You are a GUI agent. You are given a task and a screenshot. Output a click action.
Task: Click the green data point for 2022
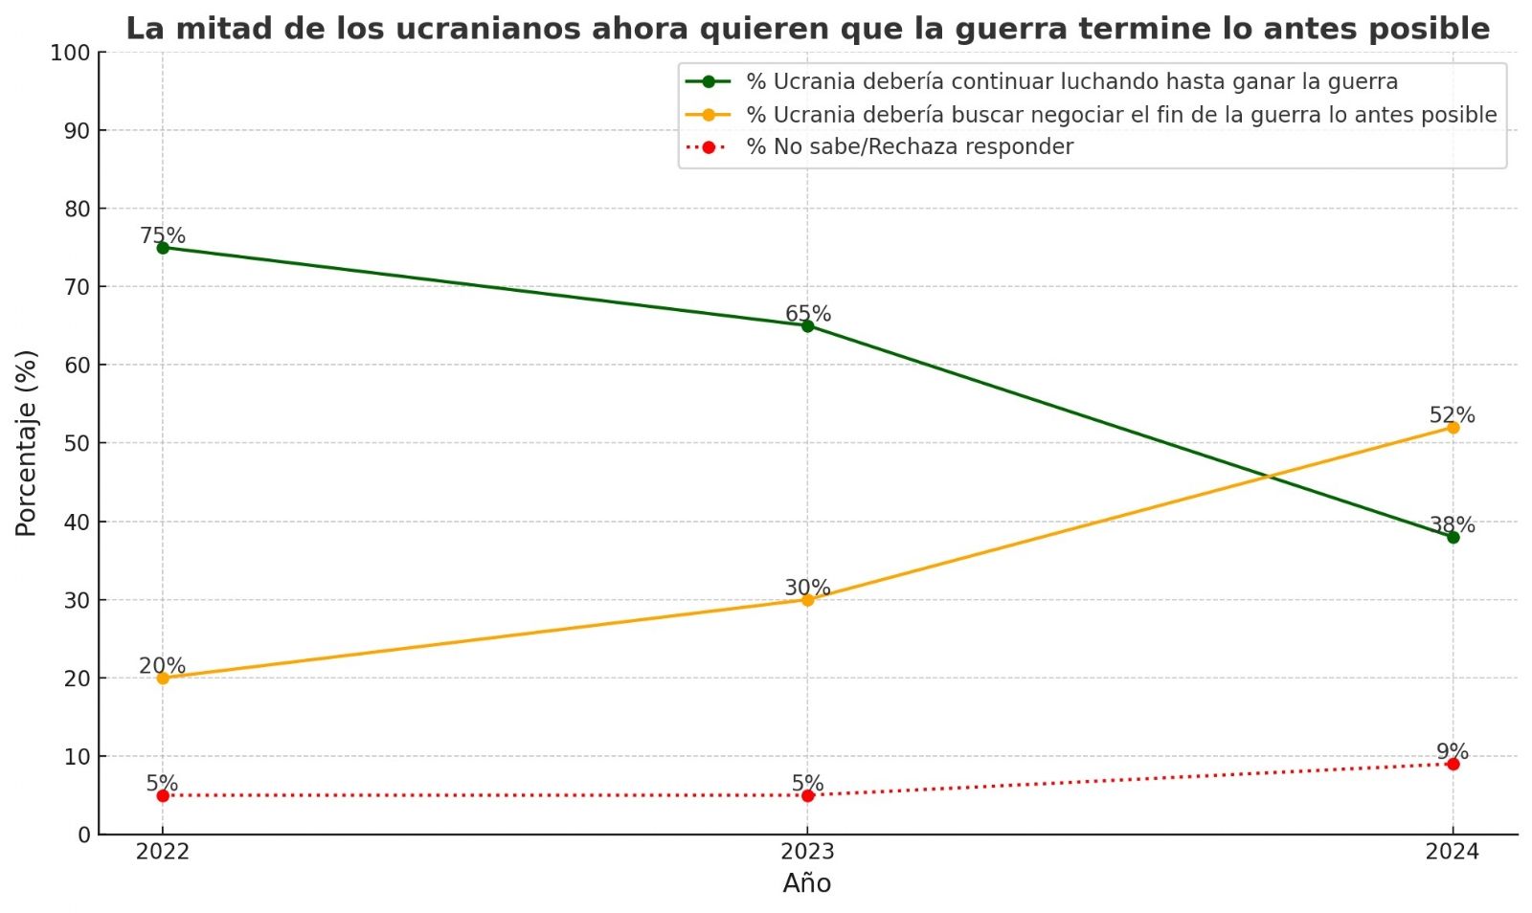coord(163,248)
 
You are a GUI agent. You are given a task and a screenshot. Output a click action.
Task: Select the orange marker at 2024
coord(1453,428)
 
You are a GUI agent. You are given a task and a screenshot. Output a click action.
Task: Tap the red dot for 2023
coord(807,795)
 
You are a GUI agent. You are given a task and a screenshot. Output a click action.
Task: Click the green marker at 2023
coord(807,326)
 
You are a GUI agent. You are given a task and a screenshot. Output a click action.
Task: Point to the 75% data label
coord(163,235)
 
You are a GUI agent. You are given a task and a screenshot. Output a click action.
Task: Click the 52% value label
coord(1452,415)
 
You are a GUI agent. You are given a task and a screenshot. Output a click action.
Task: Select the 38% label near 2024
coord(1452,524)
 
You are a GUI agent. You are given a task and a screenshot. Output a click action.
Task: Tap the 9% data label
coord(1452,751)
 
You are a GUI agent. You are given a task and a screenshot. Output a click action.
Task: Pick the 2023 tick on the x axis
coord(807,852)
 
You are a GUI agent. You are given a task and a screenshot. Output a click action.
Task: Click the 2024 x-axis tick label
coord(1452,852)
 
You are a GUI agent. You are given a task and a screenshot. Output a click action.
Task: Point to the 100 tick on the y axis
coord(70,54)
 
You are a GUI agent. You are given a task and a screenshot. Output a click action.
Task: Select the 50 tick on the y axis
coord(76,444)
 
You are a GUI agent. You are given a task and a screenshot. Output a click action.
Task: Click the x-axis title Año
coord(806,883)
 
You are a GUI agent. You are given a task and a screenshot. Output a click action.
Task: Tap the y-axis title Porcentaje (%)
coord(26,443)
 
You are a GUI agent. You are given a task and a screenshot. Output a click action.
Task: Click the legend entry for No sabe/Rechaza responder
coord(910,146)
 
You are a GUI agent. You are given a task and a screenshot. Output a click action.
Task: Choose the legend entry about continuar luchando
coord(1071,82)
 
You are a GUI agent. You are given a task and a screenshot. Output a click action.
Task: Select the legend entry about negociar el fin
coord(1121,115)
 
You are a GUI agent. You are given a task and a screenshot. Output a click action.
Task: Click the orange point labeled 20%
coord(163,679)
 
